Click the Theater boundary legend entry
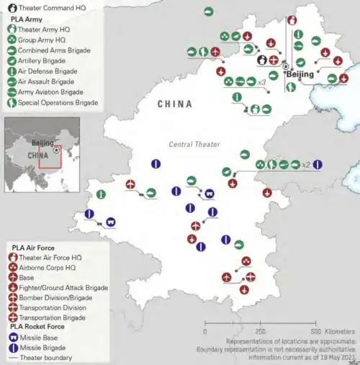point(46,357)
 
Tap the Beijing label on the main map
point(300,74)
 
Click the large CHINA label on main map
point(175,104)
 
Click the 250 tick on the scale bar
point(261,331)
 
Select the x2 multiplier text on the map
point(307,165)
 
